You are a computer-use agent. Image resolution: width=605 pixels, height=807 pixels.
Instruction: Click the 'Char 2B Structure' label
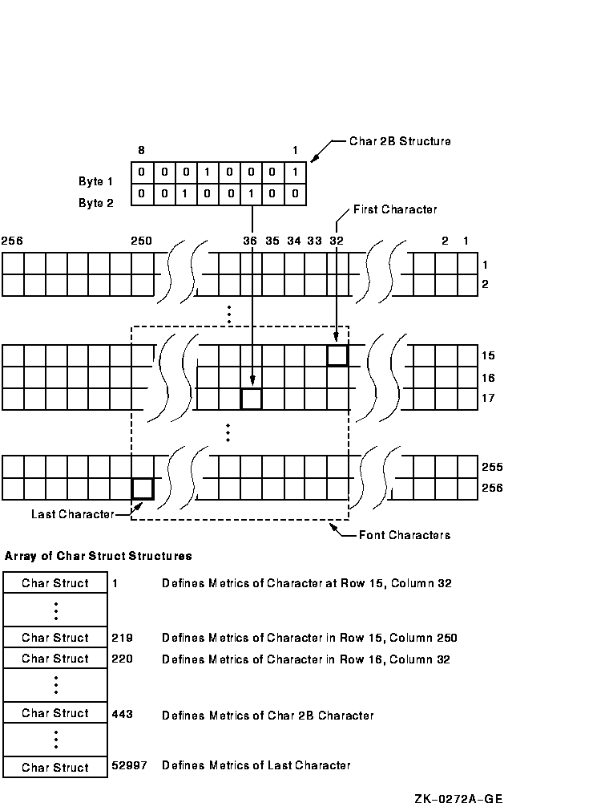click(400, 141)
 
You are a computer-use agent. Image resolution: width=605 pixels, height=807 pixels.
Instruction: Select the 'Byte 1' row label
click(95, 181)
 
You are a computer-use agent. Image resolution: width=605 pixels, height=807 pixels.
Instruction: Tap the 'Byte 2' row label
click(95, 203)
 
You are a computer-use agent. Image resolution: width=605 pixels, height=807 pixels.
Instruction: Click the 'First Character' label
click(395, 209)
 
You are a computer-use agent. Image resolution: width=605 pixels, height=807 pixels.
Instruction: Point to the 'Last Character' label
click(72, 514)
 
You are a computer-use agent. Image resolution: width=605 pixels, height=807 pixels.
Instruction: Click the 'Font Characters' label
click(405, 535)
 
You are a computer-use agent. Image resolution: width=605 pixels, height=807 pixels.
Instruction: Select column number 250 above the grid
click(141, 241)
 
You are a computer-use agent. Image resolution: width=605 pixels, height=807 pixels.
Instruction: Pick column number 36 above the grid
click(250, 241)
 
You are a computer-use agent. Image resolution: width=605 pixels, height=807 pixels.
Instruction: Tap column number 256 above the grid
click(12, 241)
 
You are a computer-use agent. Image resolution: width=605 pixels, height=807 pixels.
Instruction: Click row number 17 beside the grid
click(488, 398)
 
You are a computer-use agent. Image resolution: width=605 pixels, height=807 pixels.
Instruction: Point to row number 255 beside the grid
click(493, 467)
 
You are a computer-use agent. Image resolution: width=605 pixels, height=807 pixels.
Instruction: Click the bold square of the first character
click(337, 355)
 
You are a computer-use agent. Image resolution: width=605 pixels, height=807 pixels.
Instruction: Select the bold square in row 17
click(252, 399)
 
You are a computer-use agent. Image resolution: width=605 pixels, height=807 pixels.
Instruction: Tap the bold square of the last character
click(143, 489)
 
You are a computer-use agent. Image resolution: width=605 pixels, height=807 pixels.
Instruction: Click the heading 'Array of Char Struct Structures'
click(99, 556)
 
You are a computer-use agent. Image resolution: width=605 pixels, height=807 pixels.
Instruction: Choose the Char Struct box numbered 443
click(55, 713)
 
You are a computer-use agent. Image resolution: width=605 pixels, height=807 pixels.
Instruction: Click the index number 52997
click(130, 765)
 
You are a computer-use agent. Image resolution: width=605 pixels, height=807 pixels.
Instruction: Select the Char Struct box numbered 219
click(55, 637)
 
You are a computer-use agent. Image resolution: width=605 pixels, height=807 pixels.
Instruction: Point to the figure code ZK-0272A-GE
click(458, 798)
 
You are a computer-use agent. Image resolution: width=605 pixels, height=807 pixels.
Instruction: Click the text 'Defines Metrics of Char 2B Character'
click(268, 716)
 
